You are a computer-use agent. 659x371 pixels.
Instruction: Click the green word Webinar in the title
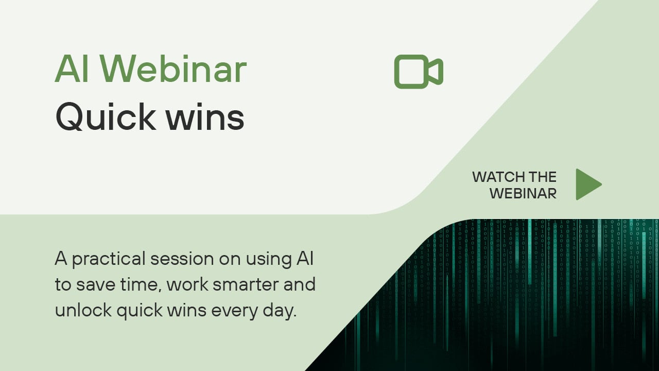tap(174, 69)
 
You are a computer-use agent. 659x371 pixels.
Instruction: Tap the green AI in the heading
tap(72, 69)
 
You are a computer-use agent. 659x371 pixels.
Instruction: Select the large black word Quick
tap(106, 116)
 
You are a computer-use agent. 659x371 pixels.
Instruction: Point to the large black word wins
tap(205, 117)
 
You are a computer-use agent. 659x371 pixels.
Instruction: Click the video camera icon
tap(419, 72)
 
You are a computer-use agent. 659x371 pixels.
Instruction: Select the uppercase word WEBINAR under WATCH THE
tap(523, 193)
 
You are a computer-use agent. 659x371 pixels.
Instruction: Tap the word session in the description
tap(182, 259)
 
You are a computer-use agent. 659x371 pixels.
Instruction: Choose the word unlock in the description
tap(83, 310)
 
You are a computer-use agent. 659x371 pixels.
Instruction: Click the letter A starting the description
tap(61, 258)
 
